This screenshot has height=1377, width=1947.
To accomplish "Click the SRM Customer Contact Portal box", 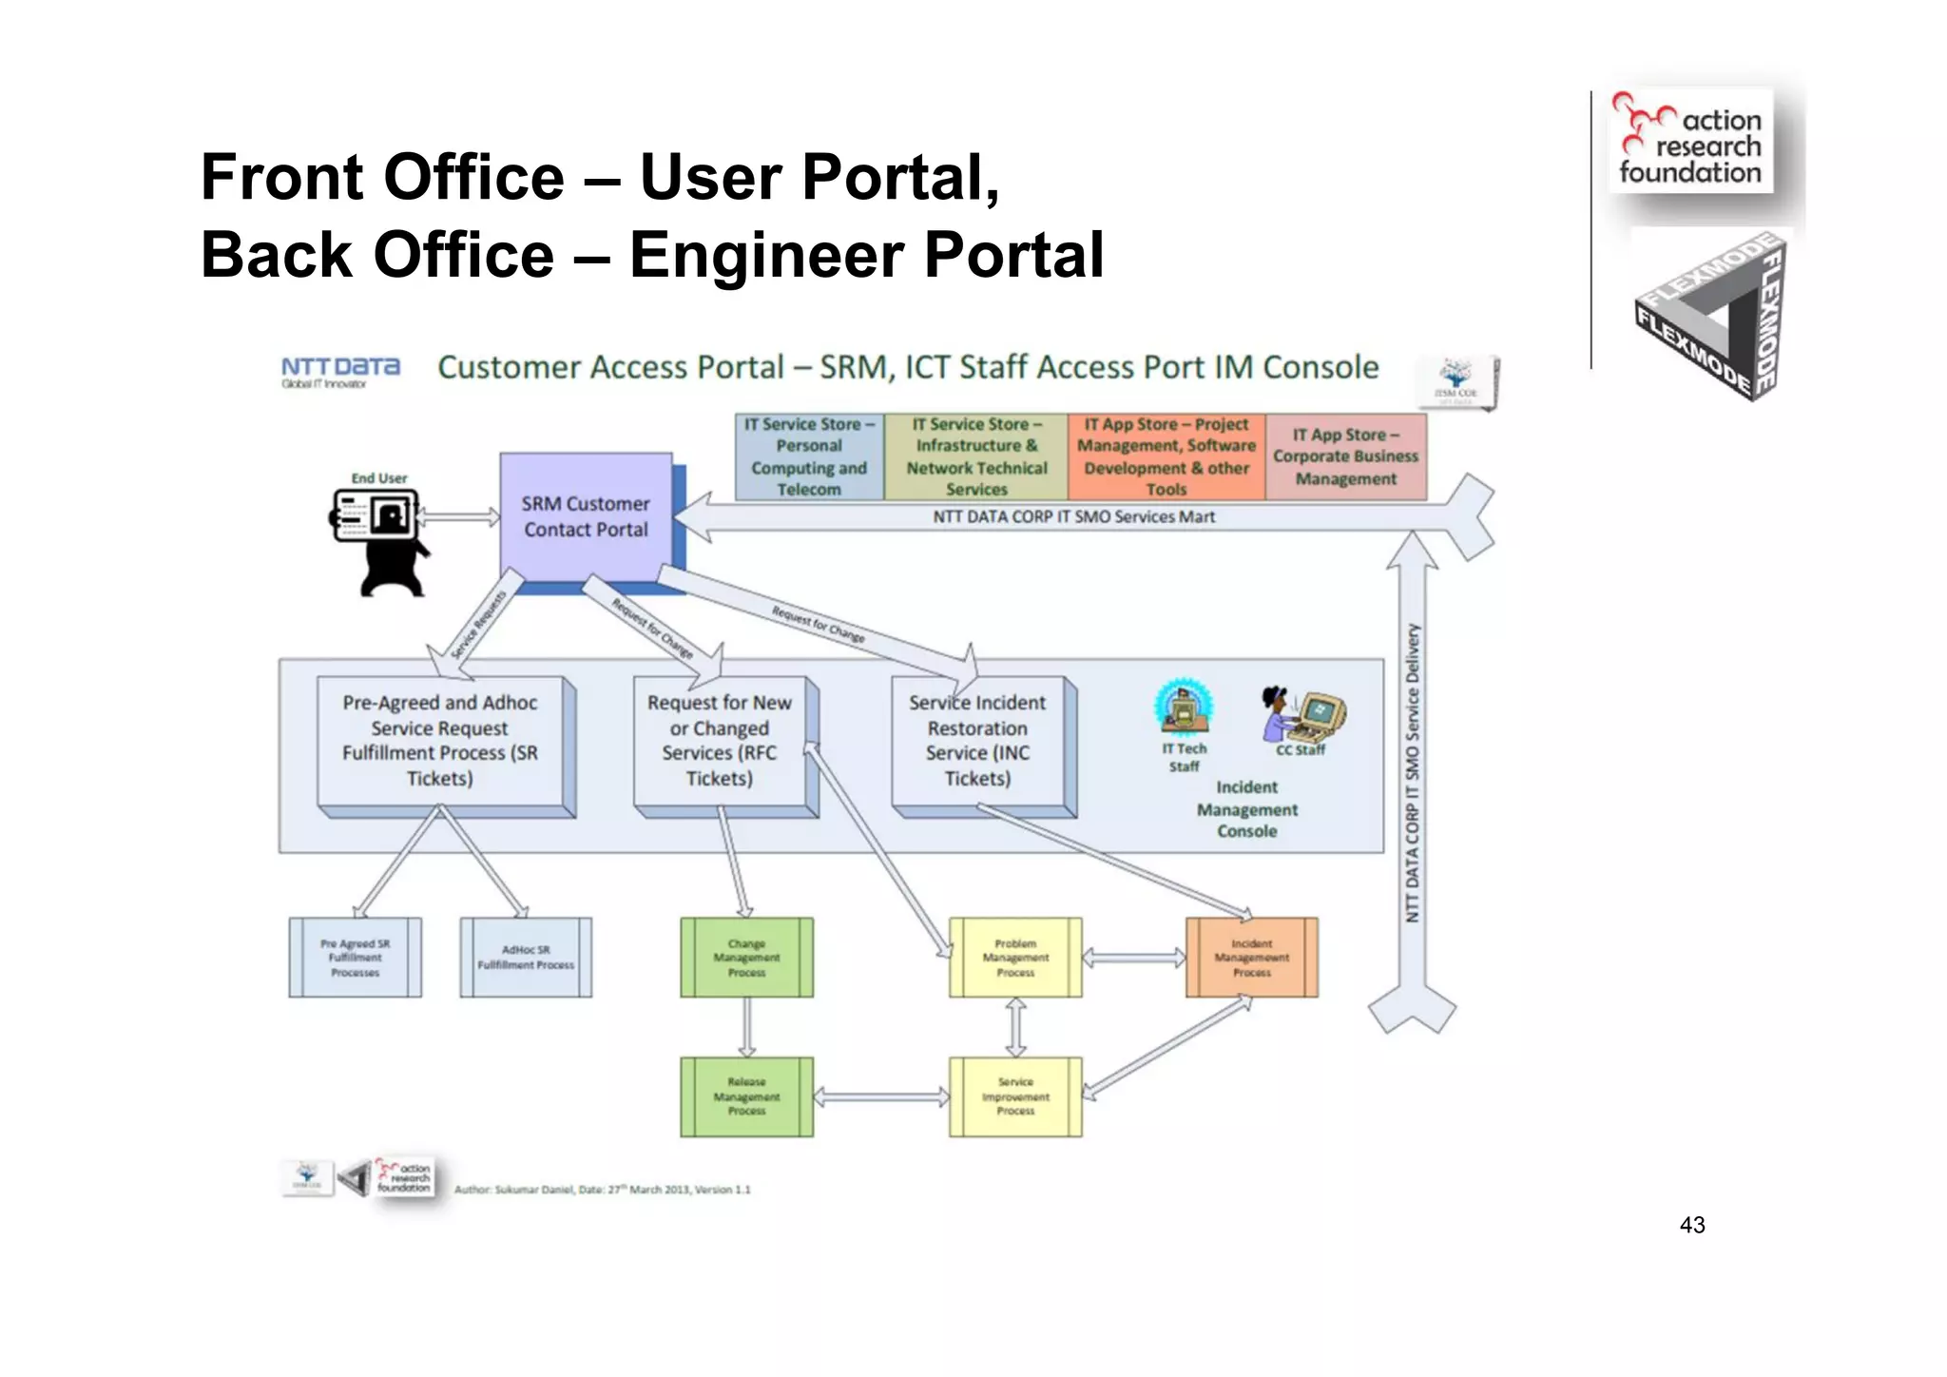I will pos(586,516).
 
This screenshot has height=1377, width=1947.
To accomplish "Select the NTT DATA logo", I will pos(340,370).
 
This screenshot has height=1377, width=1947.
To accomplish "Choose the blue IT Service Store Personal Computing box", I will pos(809,456).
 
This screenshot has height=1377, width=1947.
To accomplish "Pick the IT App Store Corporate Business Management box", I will pos(1345,456).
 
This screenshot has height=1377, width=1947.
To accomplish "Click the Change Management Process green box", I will pos(746,958).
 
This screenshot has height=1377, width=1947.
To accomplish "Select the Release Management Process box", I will pos(746,1096).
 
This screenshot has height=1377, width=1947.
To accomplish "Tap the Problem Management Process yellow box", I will pos(1015,958).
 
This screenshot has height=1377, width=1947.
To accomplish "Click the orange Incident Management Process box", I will pos(1251,958).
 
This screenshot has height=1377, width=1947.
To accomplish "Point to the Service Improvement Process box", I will pos(1015,1096).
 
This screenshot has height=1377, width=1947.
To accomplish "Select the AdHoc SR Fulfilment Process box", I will pos(526,958).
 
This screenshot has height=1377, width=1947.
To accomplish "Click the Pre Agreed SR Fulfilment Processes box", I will pos(355,958).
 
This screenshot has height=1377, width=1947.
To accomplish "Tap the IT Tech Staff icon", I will pos(1183,709).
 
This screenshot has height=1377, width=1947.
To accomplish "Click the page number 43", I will pos(1692,1226).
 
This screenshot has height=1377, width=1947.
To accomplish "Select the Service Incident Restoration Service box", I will pos(977,741).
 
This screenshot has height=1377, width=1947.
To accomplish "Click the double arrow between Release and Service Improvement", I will pos(881,1097).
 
